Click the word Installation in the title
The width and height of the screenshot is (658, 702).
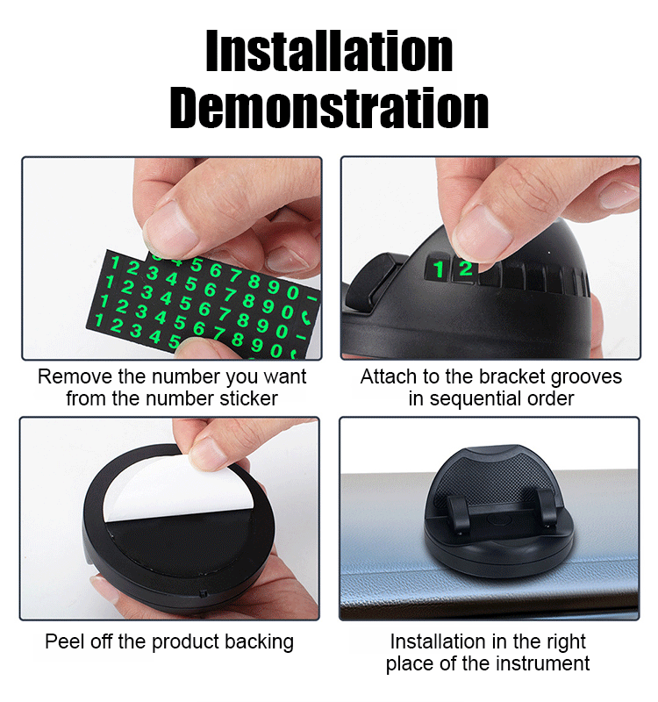[329, 51]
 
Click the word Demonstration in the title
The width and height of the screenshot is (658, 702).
[329, 108]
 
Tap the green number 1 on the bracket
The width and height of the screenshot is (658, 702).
[439, 269]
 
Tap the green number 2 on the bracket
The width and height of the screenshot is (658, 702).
[466, 269]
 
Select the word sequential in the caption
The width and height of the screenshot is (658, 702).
[476, 399]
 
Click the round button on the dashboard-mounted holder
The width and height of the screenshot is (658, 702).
[497, 519]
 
